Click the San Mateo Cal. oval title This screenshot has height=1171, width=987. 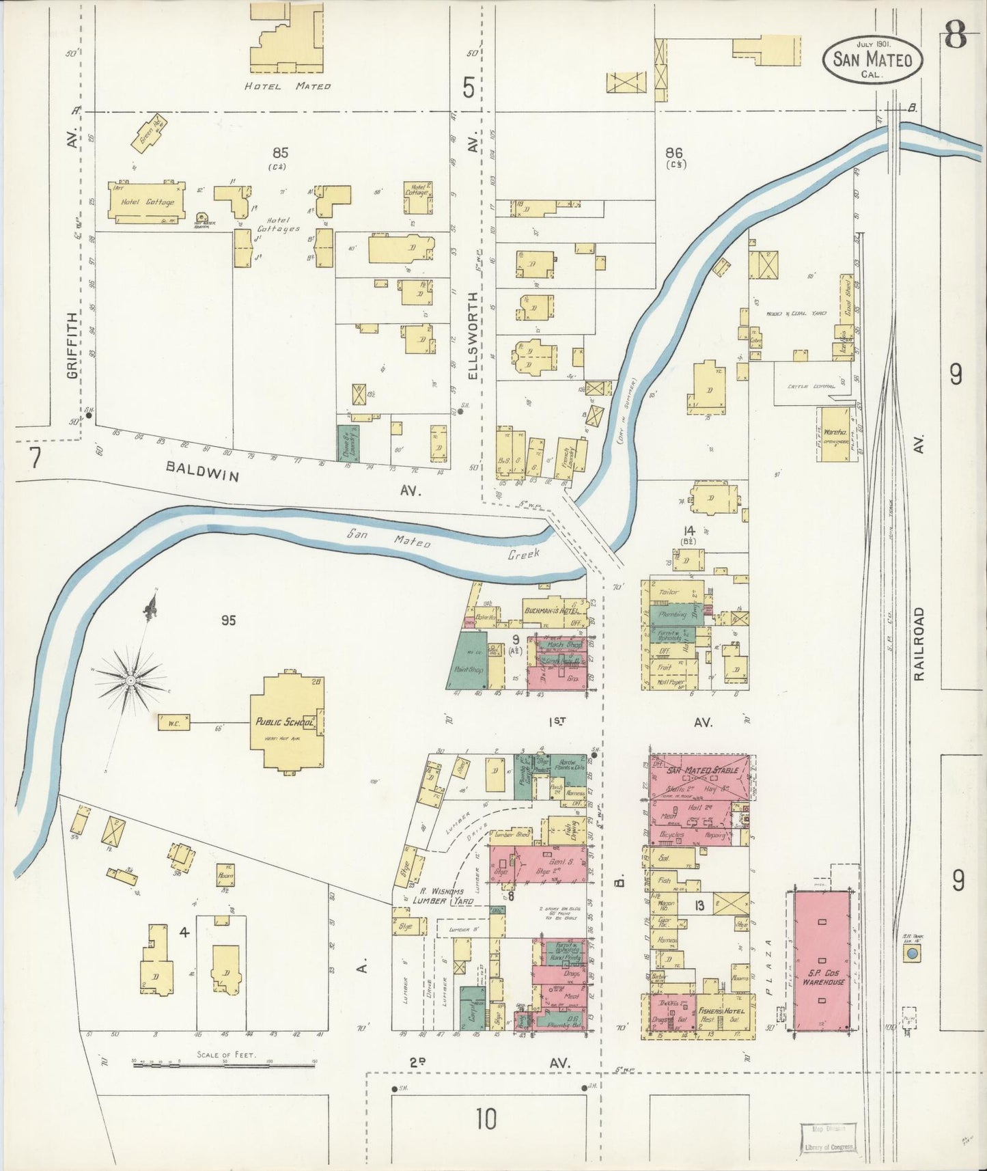[x=872, y=60]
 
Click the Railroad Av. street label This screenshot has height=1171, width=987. [x=919, y=642]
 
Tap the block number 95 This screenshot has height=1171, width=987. [x=228, y=620]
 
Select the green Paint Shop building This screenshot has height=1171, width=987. [x=469, y=661]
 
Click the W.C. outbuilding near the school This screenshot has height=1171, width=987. [x=173, y=722]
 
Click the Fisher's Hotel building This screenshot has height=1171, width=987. [x=724, y=1012]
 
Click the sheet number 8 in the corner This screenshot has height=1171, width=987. [x=956, y=36]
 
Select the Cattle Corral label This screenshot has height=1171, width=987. [x=811, y=387]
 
